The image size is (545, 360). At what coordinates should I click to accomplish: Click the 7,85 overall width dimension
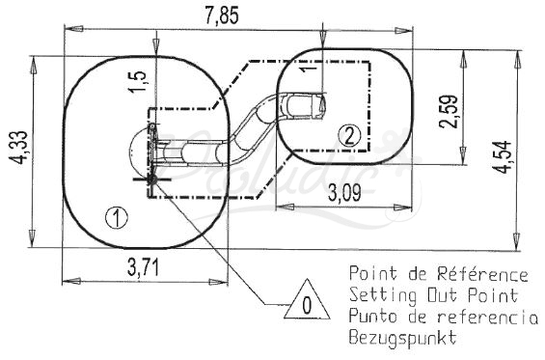pyautogui.click(x=222, y=16)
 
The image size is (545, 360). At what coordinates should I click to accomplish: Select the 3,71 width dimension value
pyautogui.click(x=143, y=267)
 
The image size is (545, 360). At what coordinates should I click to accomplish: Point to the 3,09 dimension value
pyautogui.click(x=344, y=192)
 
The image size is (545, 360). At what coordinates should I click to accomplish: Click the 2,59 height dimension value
pyautogui.click(x=448, y=111)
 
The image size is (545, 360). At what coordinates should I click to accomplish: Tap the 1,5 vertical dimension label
pyautogui.click(x=138, y=82)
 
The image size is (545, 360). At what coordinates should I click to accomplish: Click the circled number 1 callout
pyautogui.click(x=117, y=217)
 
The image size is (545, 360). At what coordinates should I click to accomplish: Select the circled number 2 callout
pyautogui.click(x=349, y=136)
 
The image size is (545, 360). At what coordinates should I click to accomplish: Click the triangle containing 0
pyautogui.click(x=307, y=301)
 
